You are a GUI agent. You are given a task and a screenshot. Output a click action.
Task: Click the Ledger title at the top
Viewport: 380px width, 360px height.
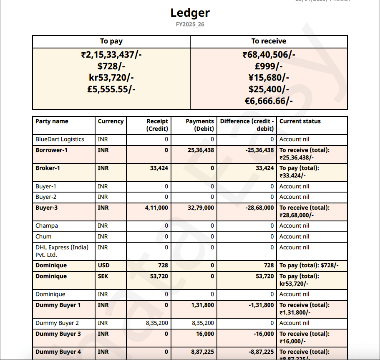190,13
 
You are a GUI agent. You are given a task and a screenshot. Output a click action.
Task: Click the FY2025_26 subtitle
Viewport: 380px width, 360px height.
190,25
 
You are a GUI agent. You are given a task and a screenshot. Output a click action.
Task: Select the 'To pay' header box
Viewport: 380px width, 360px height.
111,41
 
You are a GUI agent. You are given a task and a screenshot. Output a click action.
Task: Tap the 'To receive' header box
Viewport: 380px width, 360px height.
269,41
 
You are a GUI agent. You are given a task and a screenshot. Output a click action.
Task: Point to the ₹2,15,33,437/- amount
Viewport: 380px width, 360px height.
111,55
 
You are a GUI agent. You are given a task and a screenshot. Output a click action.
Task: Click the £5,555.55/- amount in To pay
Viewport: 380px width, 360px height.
111,89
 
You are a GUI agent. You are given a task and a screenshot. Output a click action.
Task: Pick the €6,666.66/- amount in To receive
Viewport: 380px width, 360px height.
269,101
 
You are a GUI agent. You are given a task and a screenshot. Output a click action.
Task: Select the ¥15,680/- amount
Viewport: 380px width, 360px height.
269,78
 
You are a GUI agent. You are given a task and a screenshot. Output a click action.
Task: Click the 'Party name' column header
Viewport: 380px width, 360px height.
52,122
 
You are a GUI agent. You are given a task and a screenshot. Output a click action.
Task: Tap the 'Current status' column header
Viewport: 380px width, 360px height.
300,122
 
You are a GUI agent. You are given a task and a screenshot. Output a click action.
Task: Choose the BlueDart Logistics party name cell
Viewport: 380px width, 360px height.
60,139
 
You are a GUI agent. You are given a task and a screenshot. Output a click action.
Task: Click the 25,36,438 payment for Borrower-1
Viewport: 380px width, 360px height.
201,150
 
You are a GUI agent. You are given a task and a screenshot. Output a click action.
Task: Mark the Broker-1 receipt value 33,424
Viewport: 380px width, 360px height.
159,168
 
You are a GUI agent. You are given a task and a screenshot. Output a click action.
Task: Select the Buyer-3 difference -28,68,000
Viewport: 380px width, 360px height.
259,208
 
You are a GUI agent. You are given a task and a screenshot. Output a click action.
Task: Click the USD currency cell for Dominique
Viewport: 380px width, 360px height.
103,266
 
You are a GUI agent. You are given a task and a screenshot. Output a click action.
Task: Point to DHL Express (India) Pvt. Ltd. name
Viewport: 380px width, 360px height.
62,251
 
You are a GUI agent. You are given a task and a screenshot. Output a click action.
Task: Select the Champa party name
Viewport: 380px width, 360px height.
47,226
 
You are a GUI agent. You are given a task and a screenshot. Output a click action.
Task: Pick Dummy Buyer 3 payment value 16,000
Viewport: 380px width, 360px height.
205,334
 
